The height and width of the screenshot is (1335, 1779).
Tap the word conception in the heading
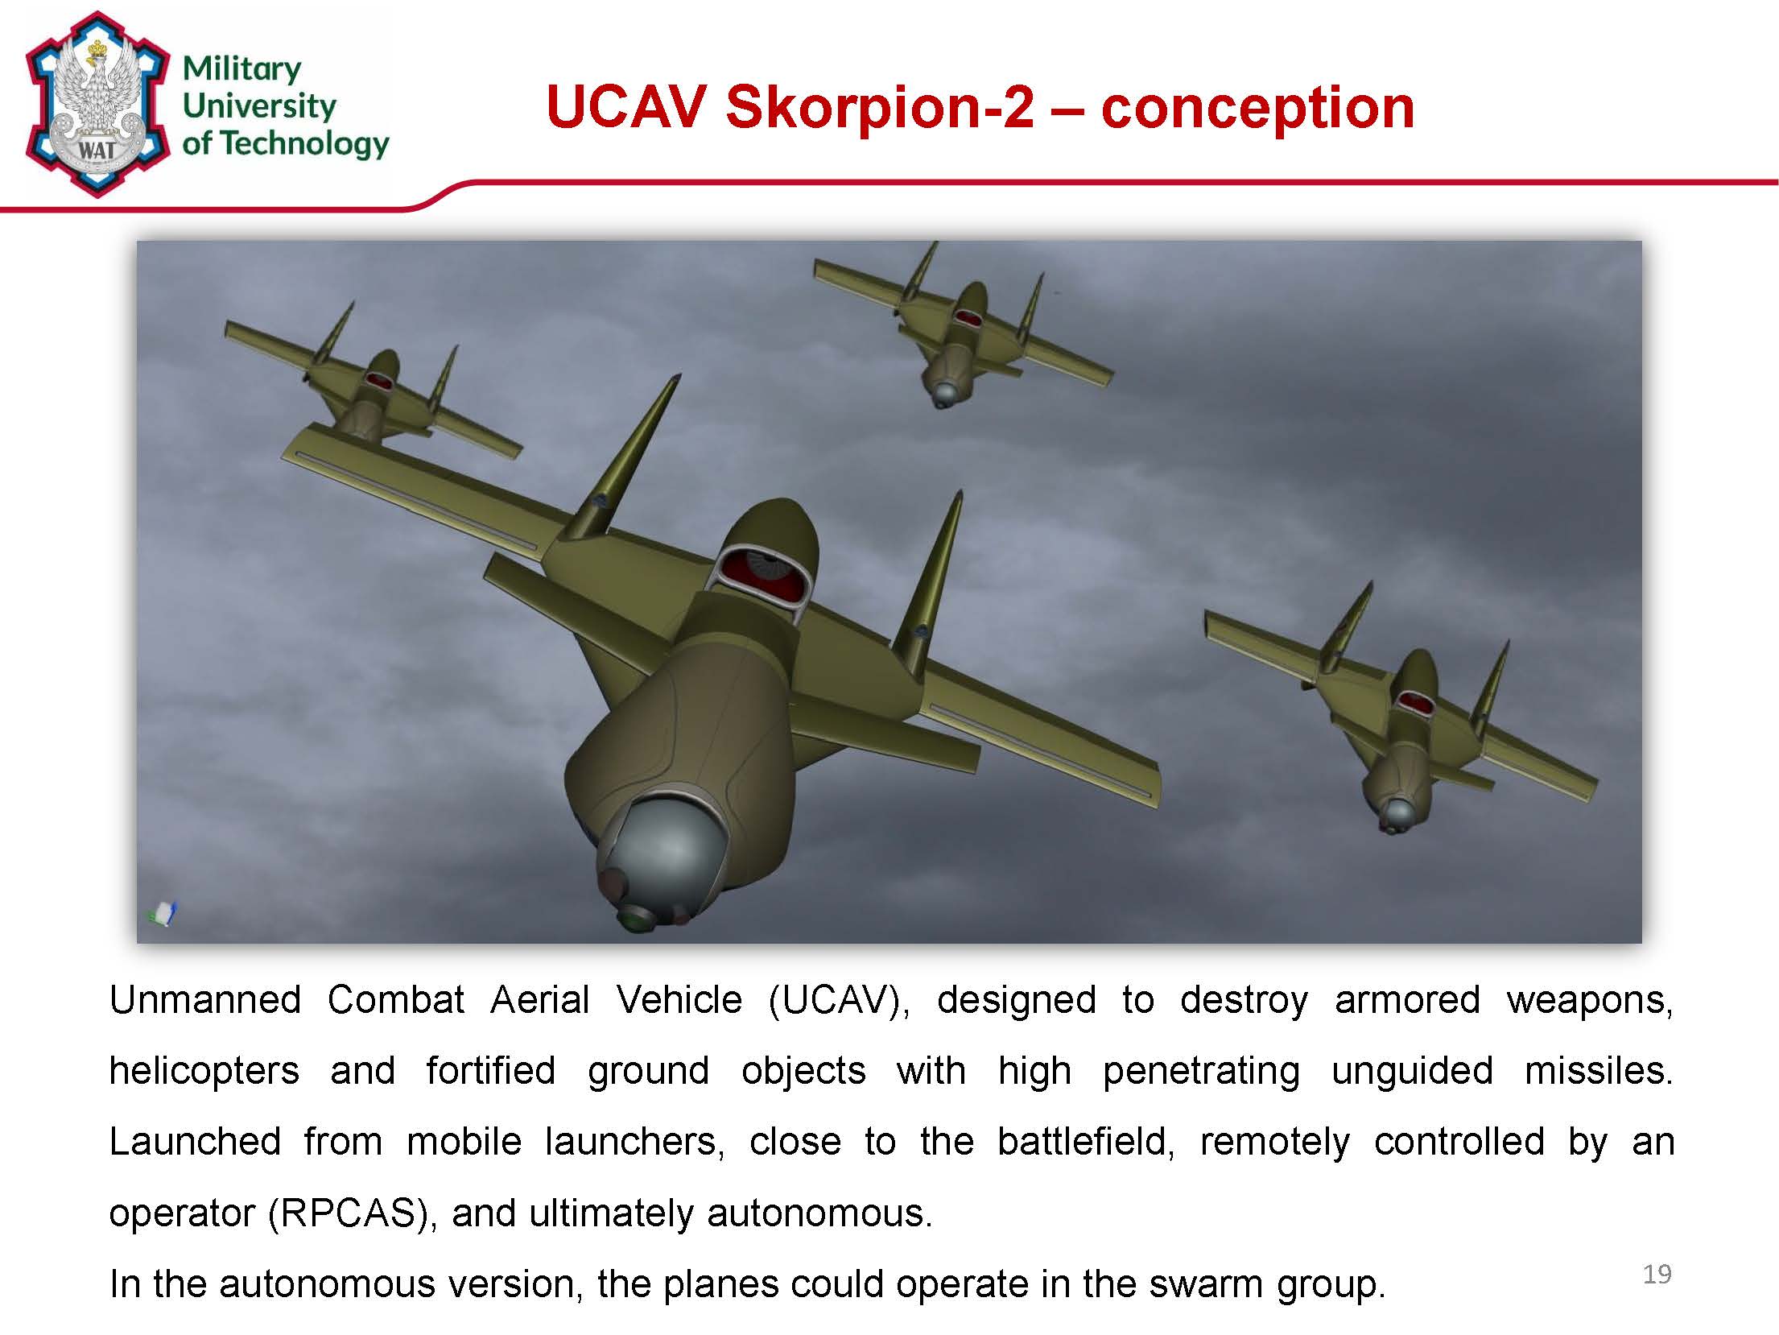(1257, 108)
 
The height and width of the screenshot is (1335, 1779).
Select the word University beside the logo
(259, 106)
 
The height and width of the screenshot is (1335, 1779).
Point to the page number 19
(1657, 1274)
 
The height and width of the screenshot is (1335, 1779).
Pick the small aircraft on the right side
(1401, 709)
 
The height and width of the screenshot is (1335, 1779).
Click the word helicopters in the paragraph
(204, 1071)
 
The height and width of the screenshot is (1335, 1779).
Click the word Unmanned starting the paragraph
(205, 1000)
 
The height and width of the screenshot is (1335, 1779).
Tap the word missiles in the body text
(1599, 1071)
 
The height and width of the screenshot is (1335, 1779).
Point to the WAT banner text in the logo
(96, 151)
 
